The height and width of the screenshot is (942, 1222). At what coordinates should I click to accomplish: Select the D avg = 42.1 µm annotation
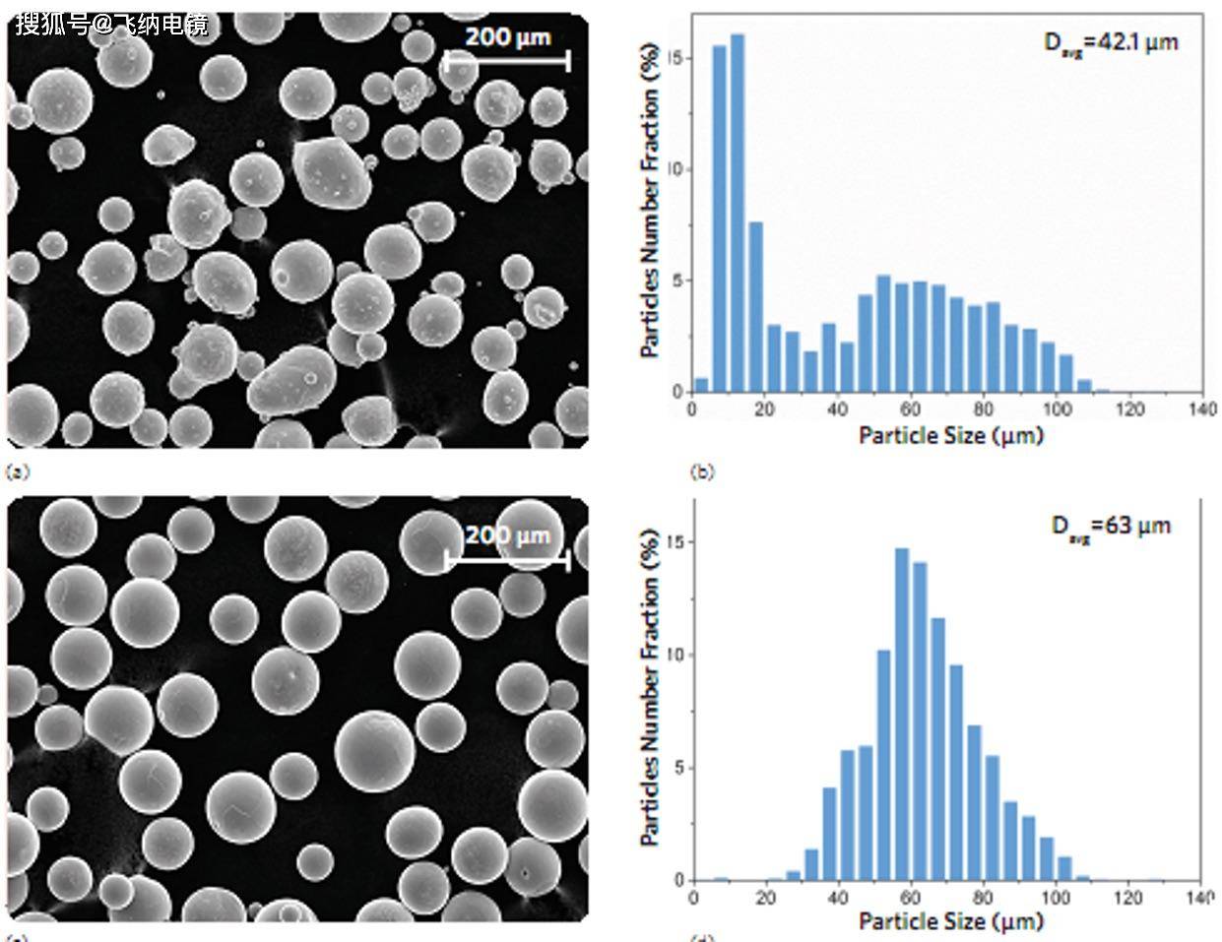[1111, 42]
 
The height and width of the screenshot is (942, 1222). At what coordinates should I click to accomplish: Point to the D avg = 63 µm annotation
[1111, 527]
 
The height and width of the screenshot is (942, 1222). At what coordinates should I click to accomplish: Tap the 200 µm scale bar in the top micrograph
[507, 61]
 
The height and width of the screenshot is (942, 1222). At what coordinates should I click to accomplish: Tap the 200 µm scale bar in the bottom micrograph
[507, 559]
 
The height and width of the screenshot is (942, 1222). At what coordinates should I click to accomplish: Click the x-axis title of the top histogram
[950, 435]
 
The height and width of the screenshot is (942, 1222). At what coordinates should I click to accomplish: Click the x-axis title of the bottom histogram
[950, 921]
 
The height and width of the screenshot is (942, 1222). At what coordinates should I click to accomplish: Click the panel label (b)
[702, 472]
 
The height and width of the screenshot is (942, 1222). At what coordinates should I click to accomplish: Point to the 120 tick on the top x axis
[1131, 409]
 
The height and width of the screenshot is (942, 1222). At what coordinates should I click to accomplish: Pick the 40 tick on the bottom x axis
[838, 898]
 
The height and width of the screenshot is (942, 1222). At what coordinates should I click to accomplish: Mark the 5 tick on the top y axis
[676, 281]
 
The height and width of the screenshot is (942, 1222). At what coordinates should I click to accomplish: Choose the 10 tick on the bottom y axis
[675, 655]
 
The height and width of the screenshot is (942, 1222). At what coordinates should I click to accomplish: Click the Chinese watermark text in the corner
[111, 24]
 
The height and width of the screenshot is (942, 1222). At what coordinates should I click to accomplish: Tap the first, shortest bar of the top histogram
[701, 385]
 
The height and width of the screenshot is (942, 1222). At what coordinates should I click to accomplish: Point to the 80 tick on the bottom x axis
[983, 898]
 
